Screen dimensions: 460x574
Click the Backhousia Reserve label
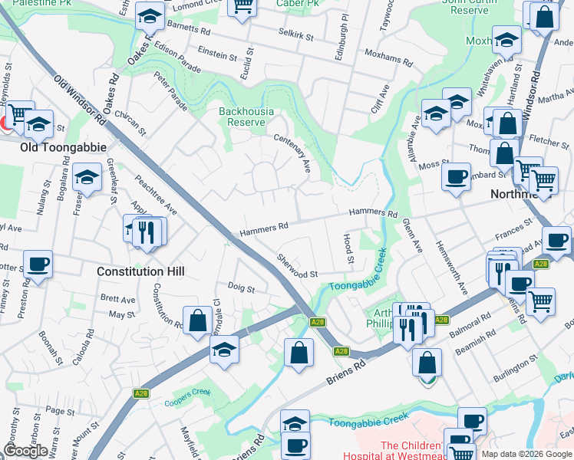point(246,117)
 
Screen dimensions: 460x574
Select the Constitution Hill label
point(140,271)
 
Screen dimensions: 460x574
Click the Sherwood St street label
point(297,268)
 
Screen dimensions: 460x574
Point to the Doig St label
point(241,287)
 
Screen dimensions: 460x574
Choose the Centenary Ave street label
point(292,152)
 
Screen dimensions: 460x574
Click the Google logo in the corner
point(25,451)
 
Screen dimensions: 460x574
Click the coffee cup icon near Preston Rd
point(38,264)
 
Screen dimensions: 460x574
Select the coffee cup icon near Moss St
point(456,177)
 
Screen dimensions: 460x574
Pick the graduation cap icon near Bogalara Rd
point(87,178)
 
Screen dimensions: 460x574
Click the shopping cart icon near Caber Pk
point(242,7)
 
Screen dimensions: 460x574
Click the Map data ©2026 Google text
point(526,454)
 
